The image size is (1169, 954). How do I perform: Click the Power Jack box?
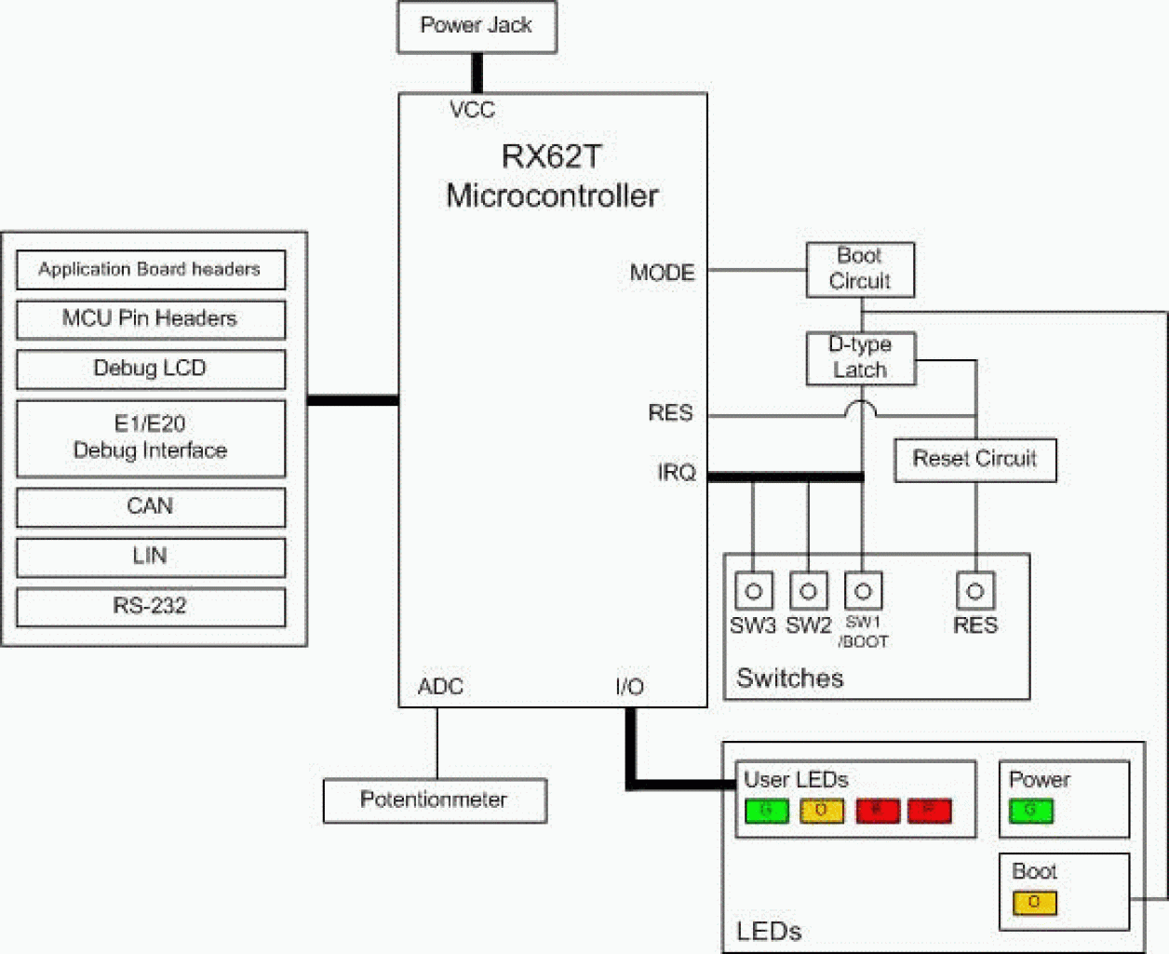[477, 27]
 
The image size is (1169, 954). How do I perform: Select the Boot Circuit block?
[860, 270]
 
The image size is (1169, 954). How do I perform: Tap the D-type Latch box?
[860, 358]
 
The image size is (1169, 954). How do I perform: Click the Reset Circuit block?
[974, 460]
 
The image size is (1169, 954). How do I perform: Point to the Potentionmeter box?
[434, 800]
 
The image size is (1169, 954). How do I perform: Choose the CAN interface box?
[151, 507]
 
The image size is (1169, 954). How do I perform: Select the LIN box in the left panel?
[151, 557]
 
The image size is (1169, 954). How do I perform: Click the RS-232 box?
[151, 607]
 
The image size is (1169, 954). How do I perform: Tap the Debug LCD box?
[151, 369]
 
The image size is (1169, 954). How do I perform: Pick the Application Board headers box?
[151, 270]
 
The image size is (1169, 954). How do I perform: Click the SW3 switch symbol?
[753, 591]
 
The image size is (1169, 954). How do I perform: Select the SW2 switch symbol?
[808, 591]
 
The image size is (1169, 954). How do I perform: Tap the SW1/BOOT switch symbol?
[863, 591]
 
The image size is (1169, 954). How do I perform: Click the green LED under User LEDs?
[766, 811]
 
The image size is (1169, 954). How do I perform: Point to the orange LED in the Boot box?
[1034, 902]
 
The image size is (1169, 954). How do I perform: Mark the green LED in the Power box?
[1030, 811]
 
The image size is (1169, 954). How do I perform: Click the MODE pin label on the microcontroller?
[662, 273]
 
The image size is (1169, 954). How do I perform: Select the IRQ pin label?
[676, 473]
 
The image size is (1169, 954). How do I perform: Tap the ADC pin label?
[440, 687]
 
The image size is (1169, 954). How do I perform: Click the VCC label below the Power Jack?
[472, 110]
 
